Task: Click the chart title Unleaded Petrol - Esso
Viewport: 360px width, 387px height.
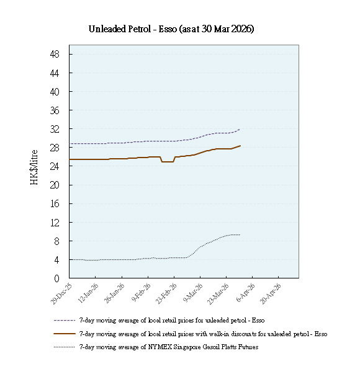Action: (x=171, y=29)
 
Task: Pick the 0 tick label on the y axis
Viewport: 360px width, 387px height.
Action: (x=57, y=278)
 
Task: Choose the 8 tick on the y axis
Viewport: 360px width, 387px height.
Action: (x=57, y=241)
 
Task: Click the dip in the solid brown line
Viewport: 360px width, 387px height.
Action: (x=168, y=161)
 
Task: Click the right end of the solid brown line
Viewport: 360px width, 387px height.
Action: (x=240, y=146)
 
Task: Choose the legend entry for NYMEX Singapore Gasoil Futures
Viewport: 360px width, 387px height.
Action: (x=168, y=347)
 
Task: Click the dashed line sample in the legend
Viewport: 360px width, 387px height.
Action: (x=65, y=321)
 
